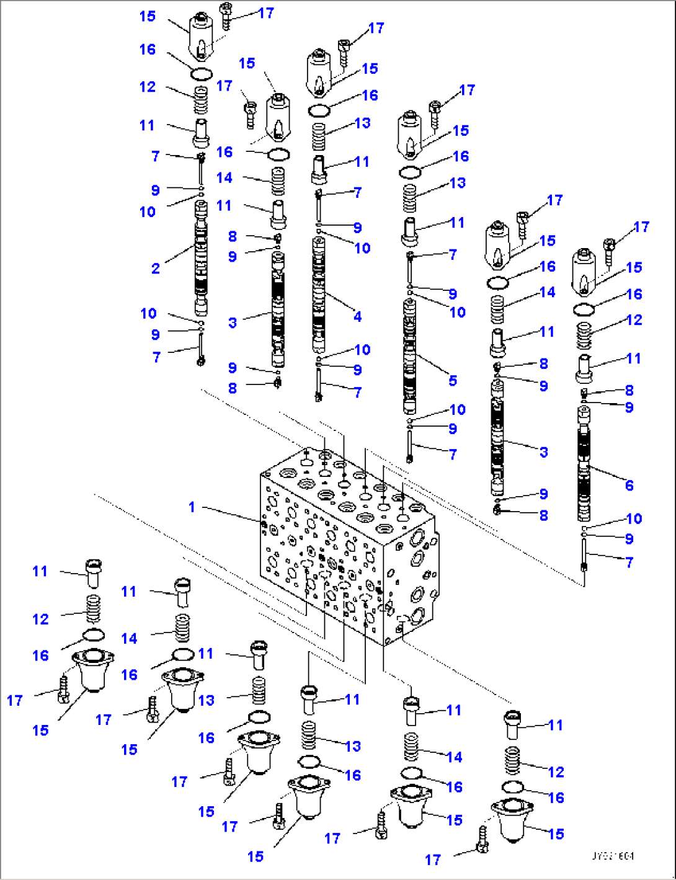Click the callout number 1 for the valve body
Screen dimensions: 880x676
click(192, 507)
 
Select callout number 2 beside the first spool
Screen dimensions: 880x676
click(156, 269)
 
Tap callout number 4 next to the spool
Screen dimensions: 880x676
click(358, 316)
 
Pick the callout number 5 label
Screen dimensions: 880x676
click(453, 380)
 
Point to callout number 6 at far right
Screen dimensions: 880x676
click(629, 485)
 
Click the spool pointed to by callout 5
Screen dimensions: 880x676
click(409, 357)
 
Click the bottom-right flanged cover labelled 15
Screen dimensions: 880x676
click(512, 819)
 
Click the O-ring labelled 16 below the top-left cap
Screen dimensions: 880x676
click(201, 75)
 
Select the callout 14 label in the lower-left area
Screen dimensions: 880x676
click(129, 638)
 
